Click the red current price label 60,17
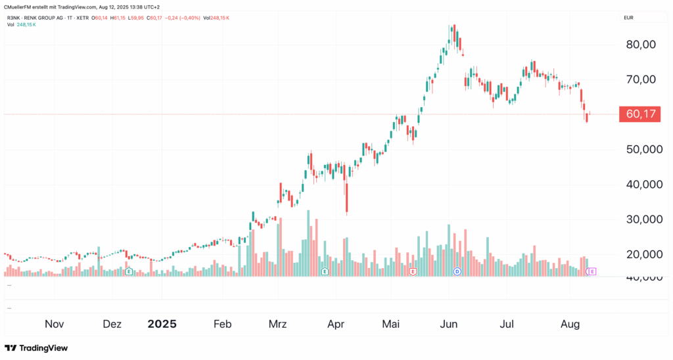641,114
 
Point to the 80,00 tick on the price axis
640,45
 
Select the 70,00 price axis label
640,79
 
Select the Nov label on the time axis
55,325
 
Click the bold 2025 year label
162,325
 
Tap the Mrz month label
278,325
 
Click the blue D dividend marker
458,271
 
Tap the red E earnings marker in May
413,271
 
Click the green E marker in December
129,271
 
